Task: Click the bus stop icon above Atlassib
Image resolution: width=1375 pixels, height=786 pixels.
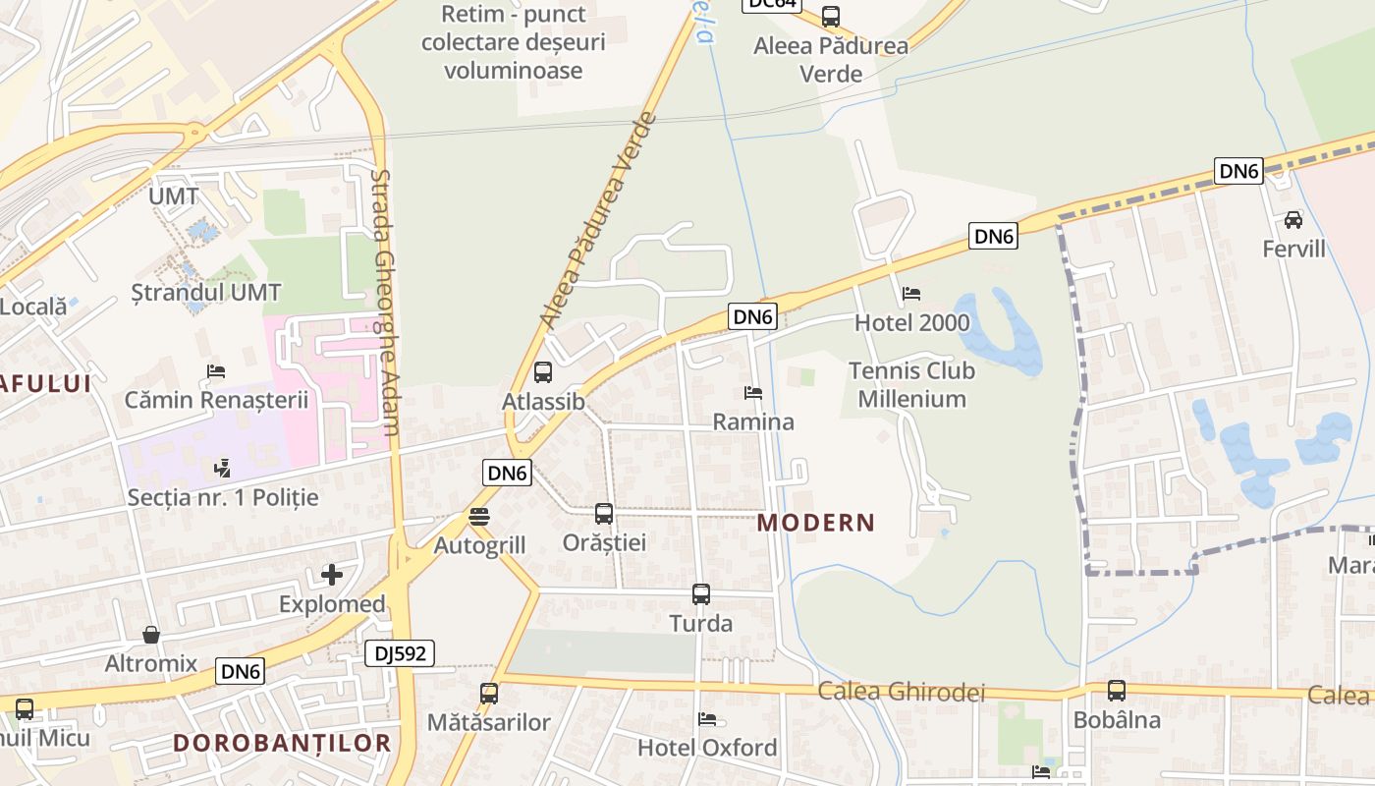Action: (x=542, y=372)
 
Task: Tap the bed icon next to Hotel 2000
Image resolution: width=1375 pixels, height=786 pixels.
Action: (x=911, y=294)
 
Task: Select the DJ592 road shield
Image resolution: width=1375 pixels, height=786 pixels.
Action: (x=399, y=653)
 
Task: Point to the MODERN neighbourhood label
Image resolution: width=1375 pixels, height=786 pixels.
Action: (x=815, y=523)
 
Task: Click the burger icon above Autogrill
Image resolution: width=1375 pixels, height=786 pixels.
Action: (x=479, y=516)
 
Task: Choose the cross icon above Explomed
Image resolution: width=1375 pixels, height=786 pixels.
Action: (x=332, y=575)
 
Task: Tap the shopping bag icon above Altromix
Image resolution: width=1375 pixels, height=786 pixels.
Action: (x=151, y=635)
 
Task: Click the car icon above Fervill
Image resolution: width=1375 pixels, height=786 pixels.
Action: (x=1293, y=220)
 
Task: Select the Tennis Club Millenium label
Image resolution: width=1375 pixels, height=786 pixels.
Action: (x=911, y=385)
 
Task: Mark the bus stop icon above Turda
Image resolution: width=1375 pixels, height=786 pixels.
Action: (x=700, y=594)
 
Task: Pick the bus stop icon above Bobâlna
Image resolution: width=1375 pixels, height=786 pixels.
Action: (x=1117, y=691)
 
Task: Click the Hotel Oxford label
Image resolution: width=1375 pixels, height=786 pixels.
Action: (x=707, y=748)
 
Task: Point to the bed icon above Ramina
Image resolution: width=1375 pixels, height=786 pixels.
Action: (x=753, y=393)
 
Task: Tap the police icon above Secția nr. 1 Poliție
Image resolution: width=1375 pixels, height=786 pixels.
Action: (x=223, y=468)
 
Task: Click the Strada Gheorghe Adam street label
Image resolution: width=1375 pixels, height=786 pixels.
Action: (x=385, y=303)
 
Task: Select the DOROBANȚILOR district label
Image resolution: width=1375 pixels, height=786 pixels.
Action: (x=283, y=743)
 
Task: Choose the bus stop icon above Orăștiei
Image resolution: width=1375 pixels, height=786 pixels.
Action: (x=604, y=513)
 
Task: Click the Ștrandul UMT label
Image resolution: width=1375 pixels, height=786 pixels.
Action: (x=206, y=293)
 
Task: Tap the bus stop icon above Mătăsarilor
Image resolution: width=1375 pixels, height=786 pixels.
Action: (x=489, y=694)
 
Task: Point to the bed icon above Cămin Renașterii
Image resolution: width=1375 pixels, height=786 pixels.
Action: (x=216, y=371)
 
